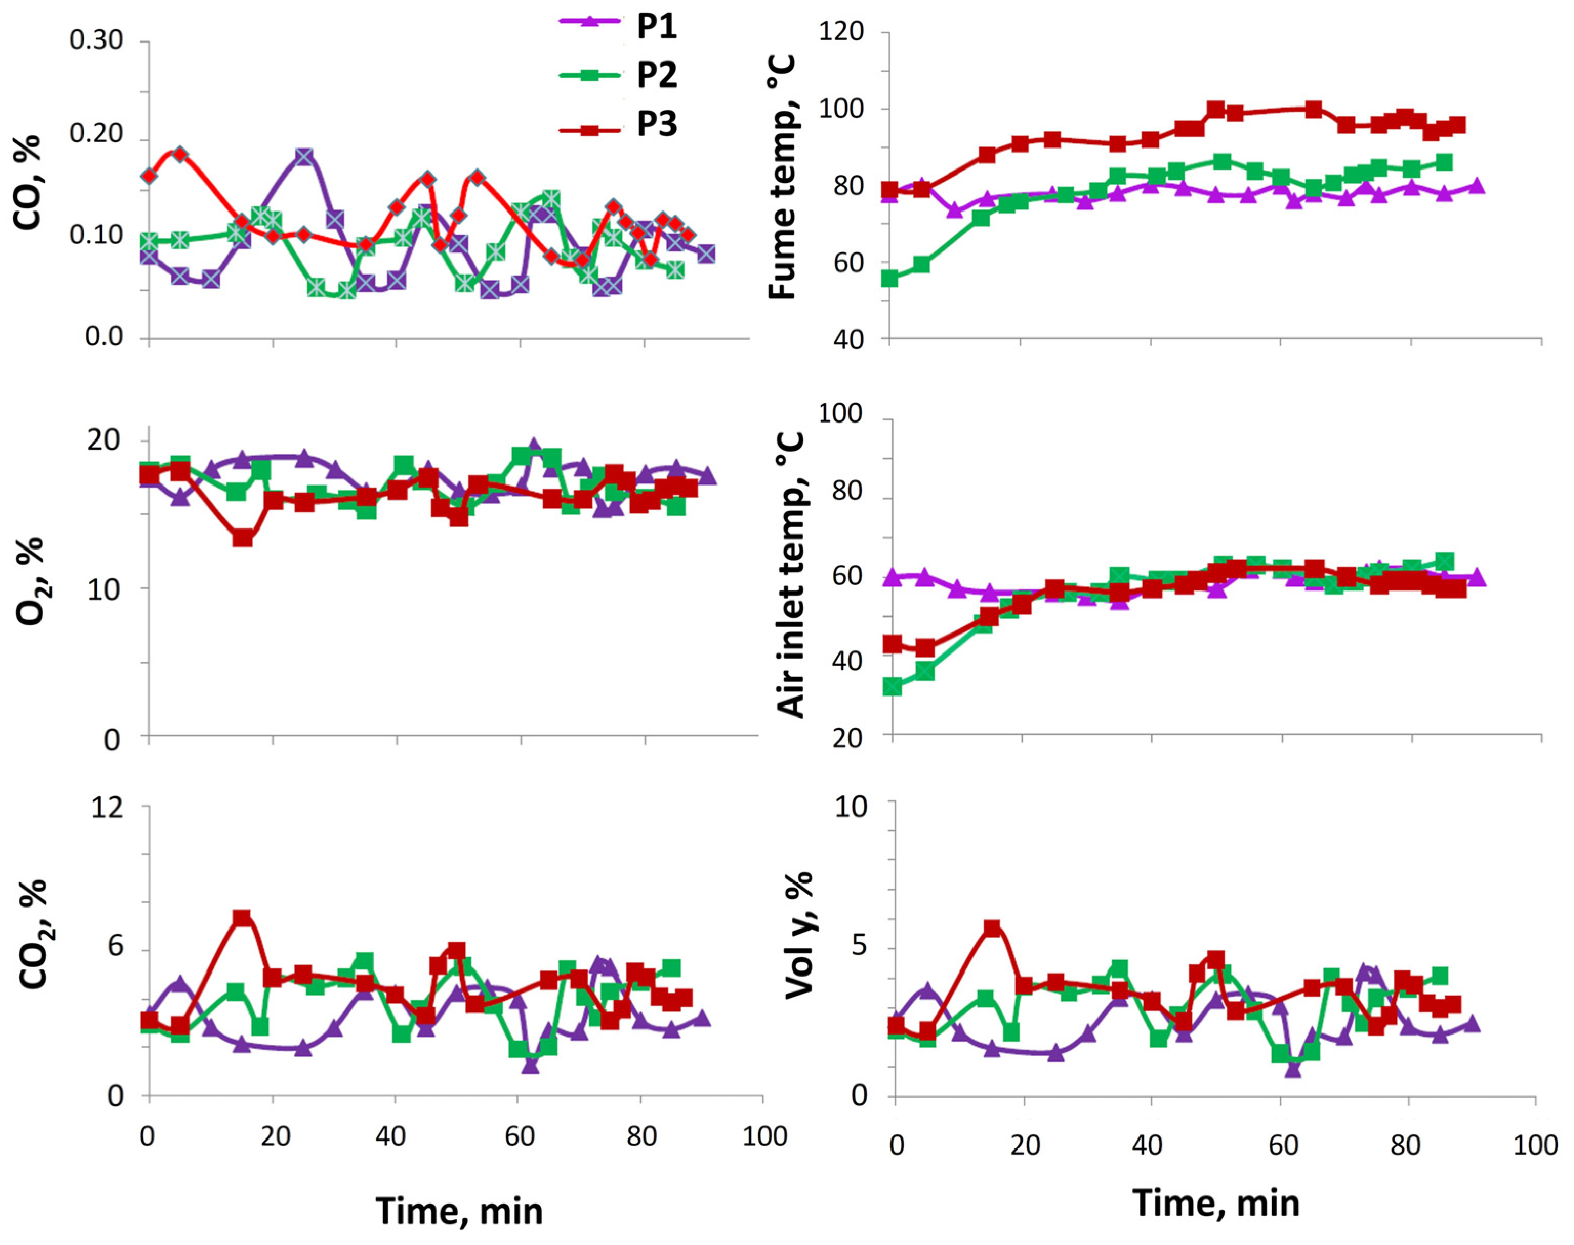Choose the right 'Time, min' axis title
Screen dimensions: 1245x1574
tap(1216, 1202)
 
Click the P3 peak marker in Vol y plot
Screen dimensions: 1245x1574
tap(992, 929)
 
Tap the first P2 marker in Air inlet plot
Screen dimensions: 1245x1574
tap(892, 686)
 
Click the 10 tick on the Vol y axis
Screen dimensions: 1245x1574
tap(851, 806)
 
